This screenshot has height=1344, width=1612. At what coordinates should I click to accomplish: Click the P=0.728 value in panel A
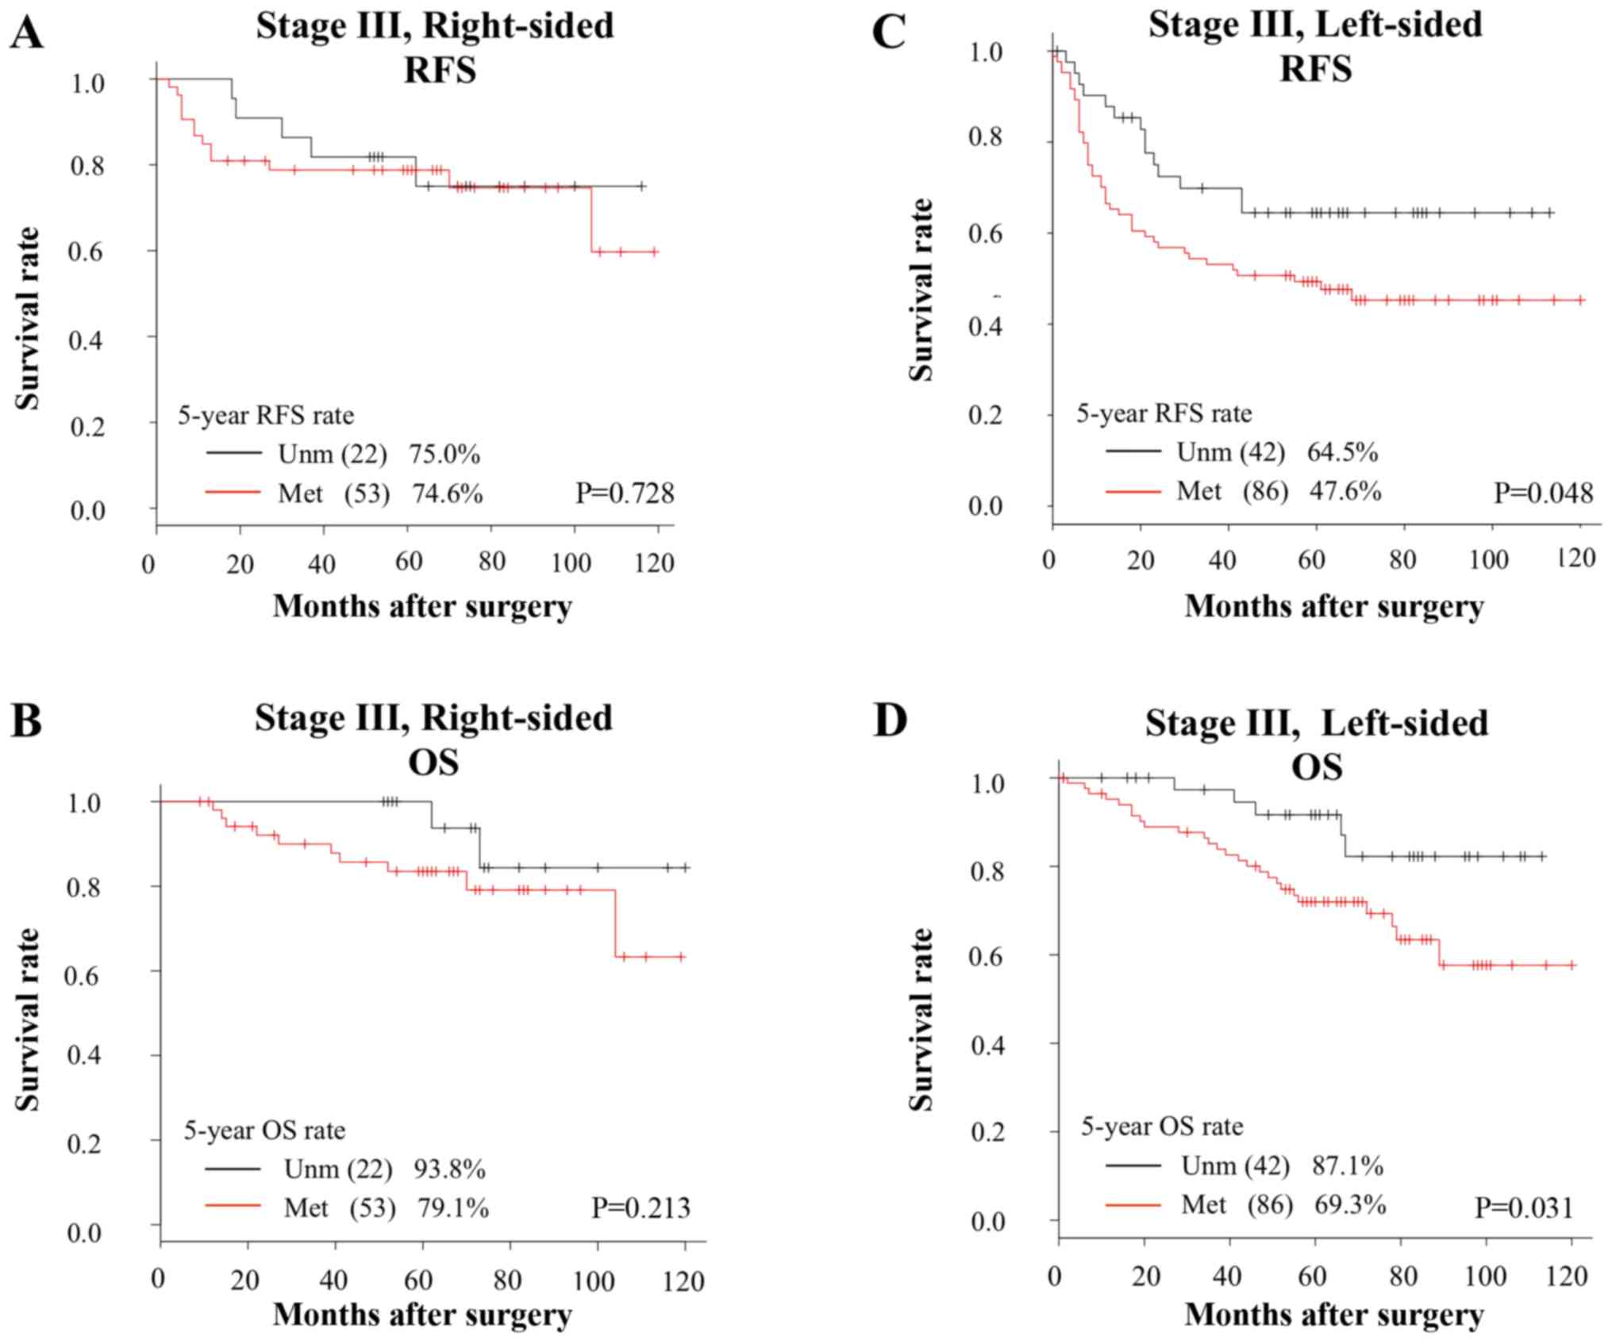click(625, 493)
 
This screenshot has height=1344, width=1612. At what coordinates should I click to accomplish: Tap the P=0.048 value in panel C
click(1543, 493)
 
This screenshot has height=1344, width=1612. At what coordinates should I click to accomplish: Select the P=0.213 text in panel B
click(641, 1208)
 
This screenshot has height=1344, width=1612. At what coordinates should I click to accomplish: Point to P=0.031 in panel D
click(1524, 1208)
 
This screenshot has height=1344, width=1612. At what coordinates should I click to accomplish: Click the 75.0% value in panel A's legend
click(444, 455)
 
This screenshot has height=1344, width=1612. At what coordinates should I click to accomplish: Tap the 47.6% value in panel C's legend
click(1345, 491)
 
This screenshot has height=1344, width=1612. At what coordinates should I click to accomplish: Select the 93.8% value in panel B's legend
click(449, 1169)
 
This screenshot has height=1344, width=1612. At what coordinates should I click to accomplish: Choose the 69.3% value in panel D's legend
click(1349, 1205)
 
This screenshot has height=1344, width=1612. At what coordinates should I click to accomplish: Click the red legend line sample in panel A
click(233, 493)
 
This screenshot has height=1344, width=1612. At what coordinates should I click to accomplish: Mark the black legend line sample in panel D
click(1133, 1165)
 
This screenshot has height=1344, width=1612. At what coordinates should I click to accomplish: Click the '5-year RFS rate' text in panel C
click(1164, 413)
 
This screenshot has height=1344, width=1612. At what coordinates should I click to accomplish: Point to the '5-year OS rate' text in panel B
click(264, 1130)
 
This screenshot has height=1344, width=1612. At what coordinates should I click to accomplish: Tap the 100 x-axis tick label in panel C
click(1488, 560)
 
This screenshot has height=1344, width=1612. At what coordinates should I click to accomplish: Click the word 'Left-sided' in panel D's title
click(1403, 724)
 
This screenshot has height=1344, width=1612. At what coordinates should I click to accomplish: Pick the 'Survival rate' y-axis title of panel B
click(28, 1020)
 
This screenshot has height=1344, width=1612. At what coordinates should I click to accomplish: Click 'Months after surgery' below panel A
click(422, 607)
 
